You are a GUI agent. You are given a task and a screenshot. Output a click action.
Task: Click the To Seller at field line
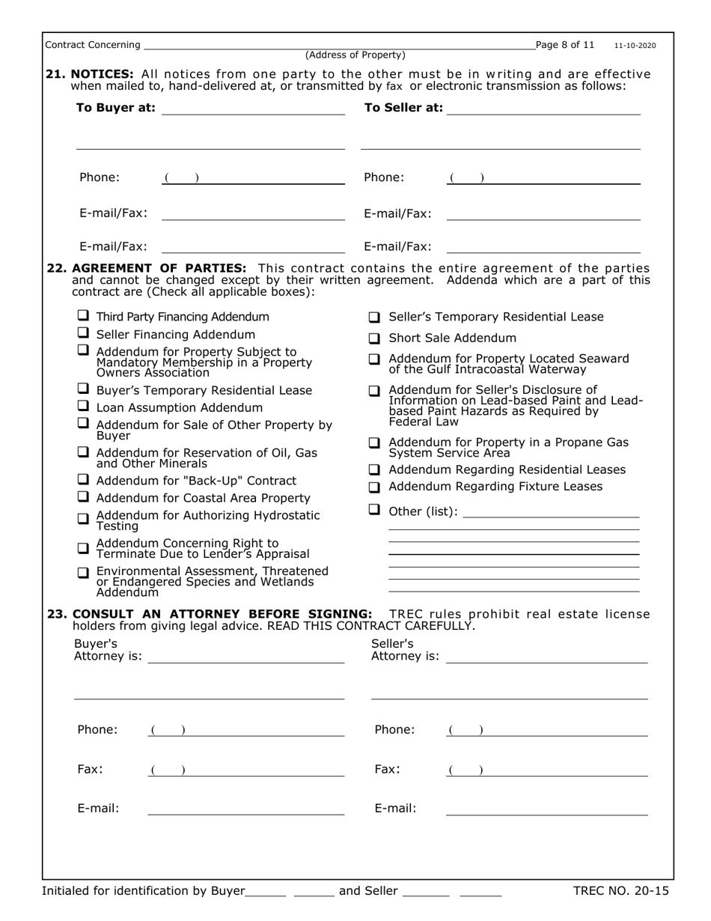[544, 111]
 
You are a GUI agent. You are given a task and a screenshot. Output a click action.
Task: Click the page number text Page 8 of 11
[566, 45]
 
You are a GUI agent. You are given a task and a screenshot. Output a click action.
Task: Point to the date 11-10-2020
[635, 46]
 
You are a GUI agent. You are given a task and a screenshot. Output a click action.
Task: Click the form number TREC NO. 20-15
[620, 890]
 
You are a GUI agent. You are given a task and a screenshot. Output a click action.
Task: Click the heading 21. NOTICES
[90, 73]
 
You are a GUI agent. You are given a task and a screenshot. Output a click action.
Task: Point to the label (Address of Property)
[355, 55]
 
